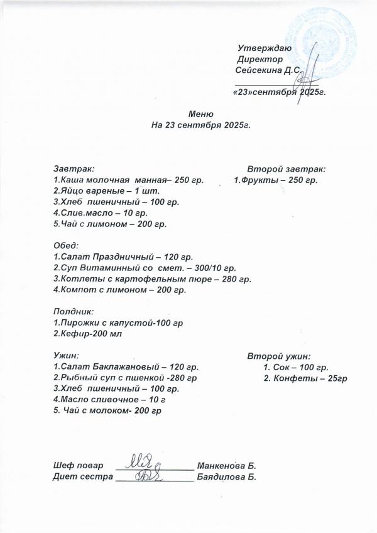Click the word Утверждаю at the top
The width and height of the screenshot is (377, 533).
click(x=264, y=48)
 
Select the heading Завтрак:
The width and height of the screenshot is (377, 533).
click(x=74, y=169)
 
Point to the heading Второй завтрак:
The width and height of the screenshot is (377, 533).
click(x=286, y=169)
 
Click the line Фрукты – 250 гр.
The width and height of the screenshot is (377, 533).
click(x=276, y=180)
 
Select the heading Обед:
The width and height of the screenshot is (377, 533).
click(x=65, y=245)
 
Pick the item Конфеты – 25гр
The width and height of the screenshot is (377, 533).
click(x=306, y=378)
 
